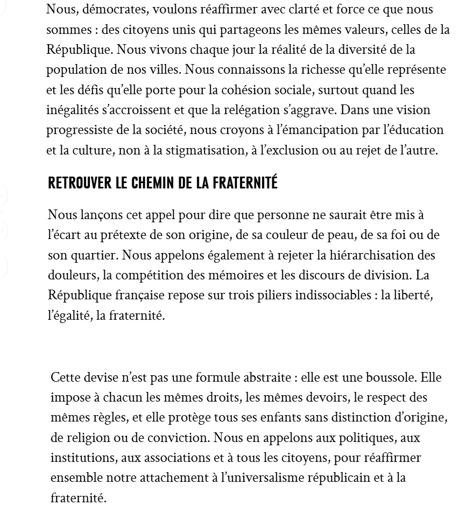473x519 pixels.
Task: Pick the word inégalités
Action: coord(70,110)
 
